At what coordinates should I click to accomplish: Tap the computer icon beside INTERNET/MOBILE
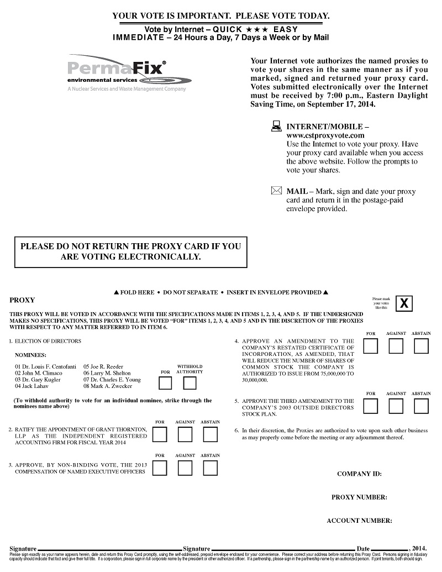pyautogui.click(x=276, y=127)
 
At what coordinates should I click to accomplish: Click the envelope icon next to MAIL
pyautogui.click(x=276, y=191)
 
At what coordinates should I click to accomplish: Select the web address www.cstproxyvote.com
pyautogui.click(x=325, y=135)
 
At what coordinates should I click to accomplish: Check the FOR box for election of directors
pyautogui.click(x=165, y=382)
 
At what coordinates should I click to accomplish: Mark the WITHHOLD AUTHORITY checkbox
pyautogui.click(x=190, y=382)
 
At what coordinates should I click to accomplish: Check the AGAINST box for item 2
pyautogui.click(x=185, y=435)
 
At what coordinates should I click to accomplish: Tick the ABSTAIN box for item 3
pyautogui.click(x=210, y=468)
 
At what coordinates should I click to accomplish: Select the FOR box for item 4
pyautogui.click(x=371, y=347)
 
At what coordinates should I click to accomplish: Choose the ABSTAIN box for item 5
pyautogui.click(x=421, y=406)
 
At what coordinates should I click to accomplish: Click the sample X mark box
pyautogui.click(x=404, y=303)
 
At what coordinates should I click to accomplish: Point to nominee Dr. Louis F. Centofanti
pyautogui.click(x=45, y=366)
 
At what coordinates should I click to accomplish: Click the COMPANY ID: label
pyautogui.click(x=359, y=474)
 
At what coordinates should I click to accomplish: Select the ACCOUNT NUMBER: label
pyautogui.click(x=359, y=521)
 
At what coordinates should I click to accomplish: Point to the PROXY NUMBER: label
pyautogui.click(x=359, y=497)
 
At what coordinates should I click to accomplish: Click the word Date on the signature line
pyautogui.click(x=363, y=549)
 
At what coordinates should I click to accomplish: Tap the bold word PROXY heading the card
pyautogui.click(x=22, y=300)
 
